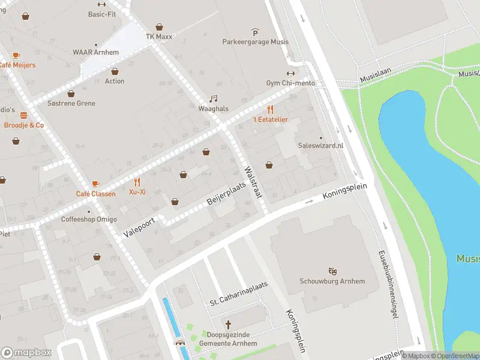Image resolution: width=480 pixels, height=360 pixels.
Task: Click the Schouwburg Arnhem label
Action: tap(332, 281)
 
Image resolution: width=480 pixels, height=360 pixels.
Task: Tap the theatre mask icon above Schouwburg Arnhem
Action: tap(332, 272)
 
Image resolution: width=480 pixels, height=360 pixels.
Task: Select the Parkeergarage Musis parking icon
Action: tap(255, 32)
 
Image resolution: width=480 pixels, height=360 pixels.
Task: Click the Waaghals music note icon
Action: tap(213, 99)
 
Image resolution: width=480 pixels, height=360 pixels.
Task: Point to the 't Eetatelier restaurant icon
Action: tap(270, 109)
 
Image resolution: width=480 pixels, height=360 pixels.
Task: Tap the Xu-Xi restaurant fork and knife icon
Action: tap(137, 182)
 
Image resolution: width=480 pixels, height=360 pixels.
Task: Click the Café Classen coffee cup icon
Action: tap(95, 184)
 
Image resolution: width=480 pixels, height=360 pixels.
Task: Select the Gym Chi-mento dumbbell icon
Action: tap(290, 73)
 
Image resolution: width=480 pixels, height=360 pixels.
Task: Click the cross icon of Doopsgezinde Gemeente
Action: tap(228, 325)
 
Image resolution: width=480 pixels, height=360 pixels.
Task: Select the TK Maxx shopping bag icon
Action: tap(159, 27)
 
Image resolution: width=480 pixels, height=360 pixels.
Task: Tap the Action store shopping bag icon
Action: tap(115, 71)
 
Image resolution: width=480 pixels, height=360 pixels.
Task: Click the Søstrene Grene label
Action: tap(71, 103)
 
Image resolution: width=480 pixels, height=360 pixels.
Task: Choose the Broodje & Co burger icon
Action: tap(24, 115)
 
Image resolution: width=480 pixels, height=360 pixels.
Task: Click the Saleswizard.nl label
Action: tap(320, 145)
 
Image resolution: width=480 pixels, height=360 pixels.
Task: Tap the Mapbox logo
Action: tap(26, 352)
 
